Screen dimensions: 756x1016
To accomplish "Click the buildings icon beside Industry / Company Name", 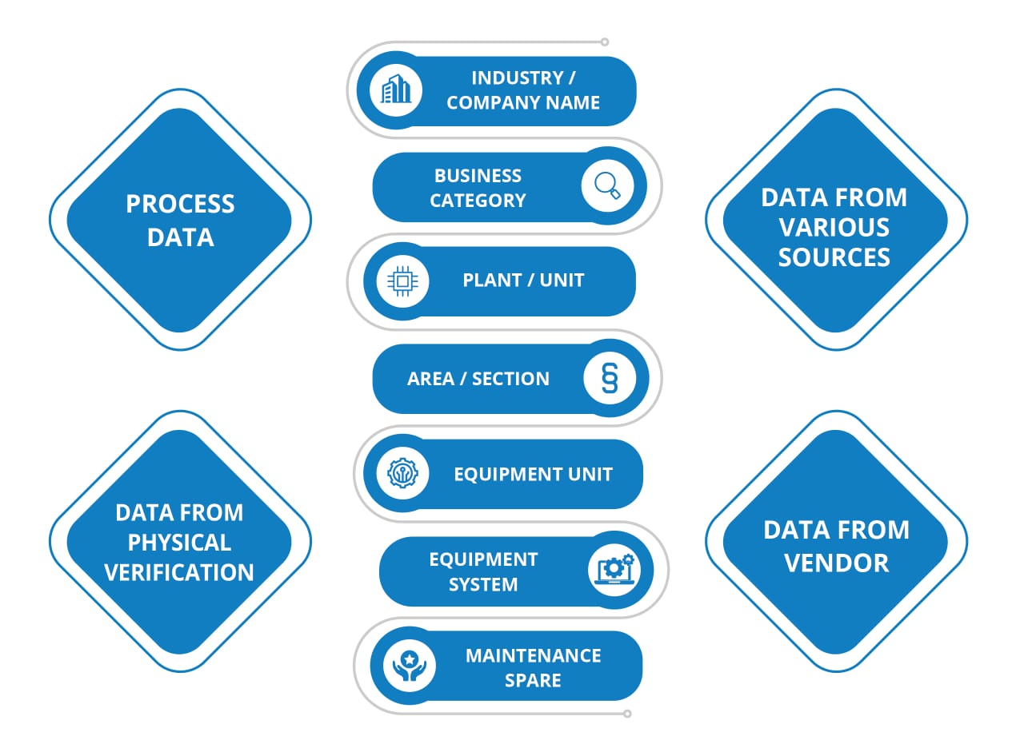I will click(395, 90).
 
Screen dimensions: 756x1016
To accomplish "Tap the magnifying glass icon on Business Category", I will click(608, 185).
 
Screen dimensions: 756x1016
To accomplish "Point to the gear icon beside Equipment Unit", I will click(402, 473).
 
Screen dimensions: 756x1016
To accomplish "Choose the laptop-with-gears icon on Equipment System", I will click(614, 570).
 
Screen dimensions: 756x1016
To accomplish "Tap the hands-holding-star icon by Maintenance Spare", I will click(410, 666).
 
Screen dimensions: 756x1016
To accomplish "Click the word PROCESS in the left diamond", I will click(180, 204).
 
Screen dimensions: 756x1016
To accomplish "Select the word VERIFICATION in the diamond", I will click(179, 572).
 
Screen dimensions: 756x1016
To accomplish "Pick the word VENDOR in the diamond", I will click(836, 562).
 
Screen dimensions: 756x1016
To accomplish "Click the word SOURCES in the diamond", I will click(834, 257).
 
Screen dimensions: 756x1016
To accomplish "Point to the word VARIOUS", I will click(834, 228).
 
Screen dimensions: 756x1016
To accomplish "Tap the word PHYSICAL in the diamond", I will click(179, 543).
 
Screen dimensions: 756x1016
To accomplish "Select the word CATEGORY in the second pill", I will click(478, 201).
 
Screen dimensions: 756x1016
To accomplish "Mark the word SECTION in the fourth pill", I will click(510, 378).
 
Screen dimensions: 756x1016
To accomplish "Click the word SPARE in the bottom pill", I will click(533, 680).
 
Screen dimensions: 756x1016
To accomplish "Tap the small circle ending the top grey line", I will click(605, 42).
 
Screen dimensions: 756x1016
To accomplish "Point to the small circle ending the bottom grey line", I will click(627, 714).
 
